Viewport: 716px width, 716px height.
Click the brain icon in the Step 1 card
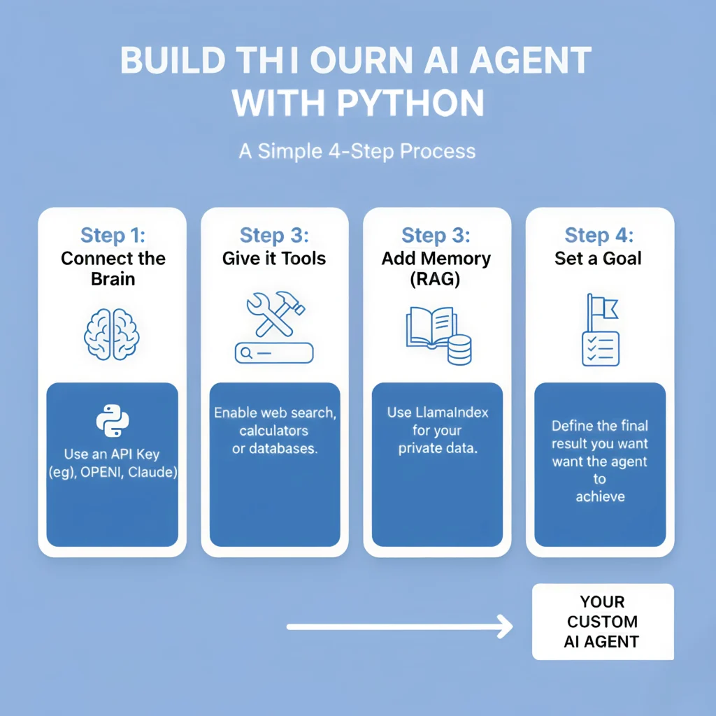112,334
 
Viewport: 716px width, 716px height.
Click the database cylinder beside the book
459,349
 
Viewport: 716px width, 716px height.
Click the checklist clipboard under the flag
601,348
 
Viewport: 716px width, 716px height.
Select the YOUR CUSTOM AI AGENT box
602,622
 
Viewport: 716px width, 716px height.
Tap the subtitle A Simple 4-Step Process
357,151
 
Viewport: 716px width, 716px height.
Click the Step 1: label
112,235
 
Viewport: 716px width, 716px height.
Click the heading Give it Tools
274,259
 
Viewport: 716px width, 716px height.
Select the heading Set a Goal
598,259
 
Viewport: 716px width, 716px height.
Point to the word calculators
273,430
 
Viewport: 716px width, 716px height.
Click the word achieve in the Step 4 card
600,496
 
